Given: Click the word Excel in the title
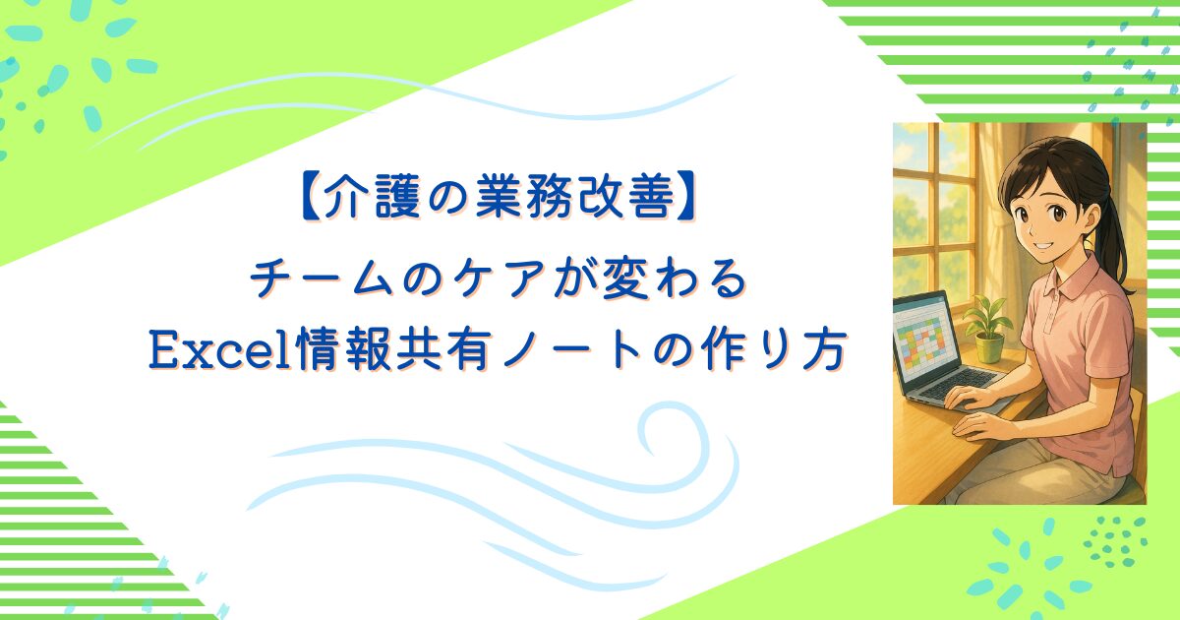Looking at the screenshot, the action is pyautogui.click(x=221, y=349).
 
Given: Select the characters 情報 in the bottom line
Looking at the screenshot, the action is pyautogui.click(x=343, y=349).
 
